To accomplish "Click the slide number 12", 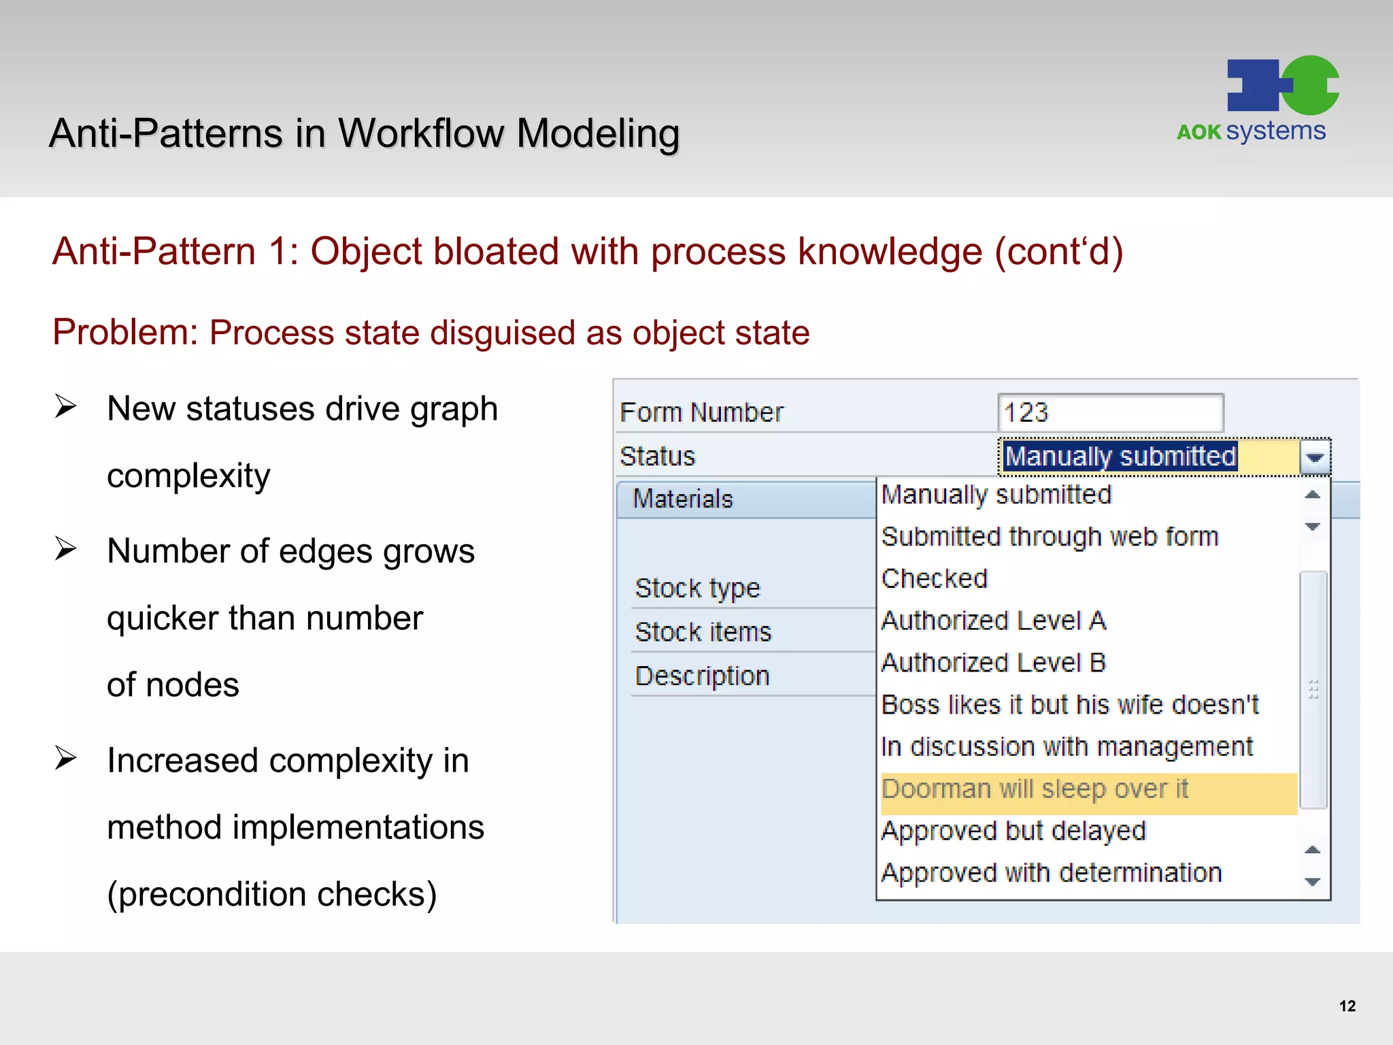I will (1347, 1006).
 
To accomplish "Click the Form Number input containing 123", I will (1110, 412).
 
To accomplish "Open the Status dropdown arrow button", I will (1315, 457).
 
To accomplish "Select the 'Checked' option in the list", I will (935, 579).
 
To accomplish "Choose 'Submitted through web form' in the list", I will (1050, 537).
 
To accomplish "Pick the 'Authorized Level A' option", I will (994, 620).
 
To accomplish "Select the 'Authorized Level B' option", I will (994, 663).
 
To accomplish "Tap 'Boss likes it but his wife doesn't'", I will (1070, 705).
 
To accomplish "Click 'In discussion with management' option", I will (1067, 747).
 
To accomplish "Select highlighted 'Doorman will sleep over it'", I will (1035, 789).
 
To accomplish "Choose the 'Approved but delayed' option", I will (1013, 831).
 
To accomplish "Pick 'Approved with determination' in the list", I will (1052, 873).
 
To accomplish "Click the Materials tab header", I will (683, 499).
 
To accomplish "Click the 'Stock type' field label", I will (697, 588).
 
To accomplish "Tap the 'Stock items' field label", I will (703, 632).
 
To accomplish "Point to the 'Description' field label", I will (702, 676).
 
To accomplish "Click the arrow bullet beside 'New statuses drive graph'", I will (66, 407).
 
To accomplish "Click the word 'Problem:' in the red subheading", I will (124, 333).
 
